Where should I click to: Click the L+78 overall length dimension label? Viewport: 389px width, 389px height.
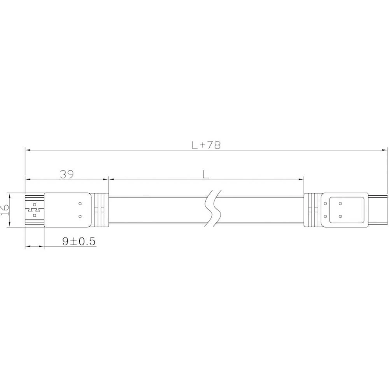coord(206,145)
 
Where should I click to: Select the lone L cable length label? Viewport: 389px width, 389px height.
coord(206,175)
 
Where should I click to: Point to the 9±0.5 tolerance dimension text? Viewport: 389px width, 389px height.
coord(79,242)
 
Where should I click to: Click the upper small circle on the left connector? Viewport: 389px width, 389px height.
coord(80,203)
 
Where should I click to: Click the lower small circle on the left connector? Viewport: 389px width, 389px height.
coord(80,216)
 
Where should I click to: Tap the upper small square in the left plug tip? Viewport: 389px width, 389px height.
coord(35,204)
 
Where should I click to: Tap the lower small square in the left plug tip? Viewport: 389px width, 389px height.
coord(35,215)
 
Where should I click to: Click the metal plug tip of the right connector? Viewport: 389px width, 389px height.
coord(377,210)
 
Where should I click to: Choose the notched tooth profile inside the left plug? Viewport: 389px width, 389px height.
coord(30,210)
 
